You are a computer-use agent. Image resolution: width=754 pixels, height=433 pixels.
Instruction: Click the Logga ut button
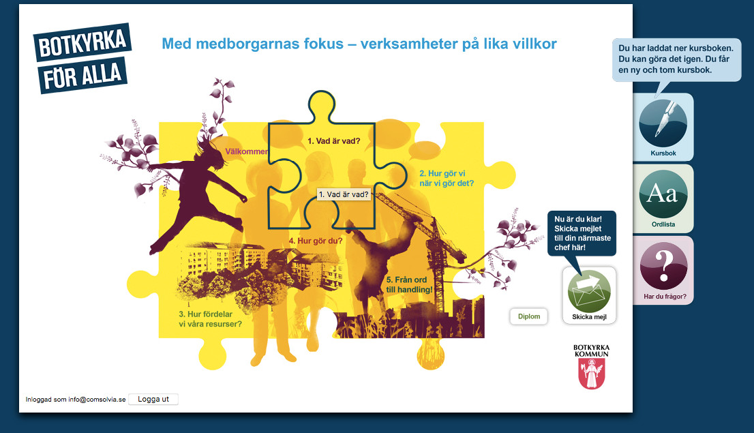[153, 399]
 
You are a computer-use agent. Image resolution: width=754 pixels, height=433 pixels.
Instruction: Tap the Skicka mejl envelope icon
[589, 289]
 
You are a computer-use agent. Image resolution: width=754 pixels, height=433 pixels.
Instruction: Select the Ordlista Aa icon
[663, 194]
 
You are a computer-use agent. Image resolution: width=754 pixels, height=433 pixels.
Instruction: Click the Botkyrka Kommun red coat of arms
[591, 374]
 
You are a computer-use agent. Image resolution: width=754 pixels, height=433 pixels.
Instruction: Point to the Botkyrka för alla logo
[82, 58]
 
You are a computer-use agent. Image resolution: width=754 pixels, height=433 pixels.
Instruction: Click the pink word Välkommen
[247, 151]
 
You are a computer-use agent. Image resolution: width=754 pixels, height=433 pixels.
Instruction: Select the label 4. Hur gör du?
[316, 241]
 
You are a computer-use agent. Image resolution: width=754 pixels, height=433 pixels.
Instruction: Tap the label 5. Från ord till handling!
[409, 284]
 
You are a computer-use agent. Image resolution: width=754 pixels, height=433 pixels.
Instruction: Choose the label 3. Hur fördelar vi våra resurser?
[211, 319]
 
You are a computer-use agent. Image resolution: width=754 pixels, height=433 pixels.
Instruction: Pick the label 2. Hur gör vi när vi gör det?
[447, 177]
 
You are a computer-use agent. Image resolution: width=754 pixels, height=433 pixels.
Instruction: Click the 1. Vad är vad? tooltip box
[344, 194]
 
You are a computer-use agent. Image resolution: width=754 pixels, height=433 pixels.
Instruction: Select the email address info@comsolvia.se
[97, 400]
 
